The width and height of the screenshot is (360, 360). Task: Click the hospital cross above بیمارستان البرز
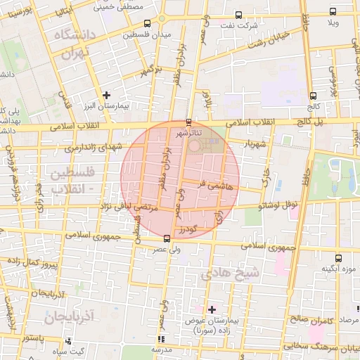tap(106, 95)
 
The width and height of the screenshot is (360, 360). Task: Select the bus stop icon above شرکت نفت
tap(239, 15)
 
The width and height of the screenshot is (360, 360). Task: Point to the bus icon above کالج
tap(311, 96)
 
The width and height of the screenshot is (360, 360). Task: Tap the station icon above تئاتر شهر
tap(188, 120)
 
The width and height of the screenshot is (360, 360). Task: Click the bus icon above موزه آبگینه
tap(339, 257)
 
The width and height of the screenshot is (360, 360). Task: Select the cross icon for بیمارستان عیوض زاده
tap(212, 309)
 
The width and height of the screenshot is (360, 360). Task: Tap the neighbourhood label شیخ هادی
tap(230, 272)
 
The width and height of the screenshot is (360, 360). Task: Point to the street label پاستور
tap(33, 338)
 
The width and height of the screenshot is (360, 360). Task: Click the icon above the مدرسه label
tap(161, 339)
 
